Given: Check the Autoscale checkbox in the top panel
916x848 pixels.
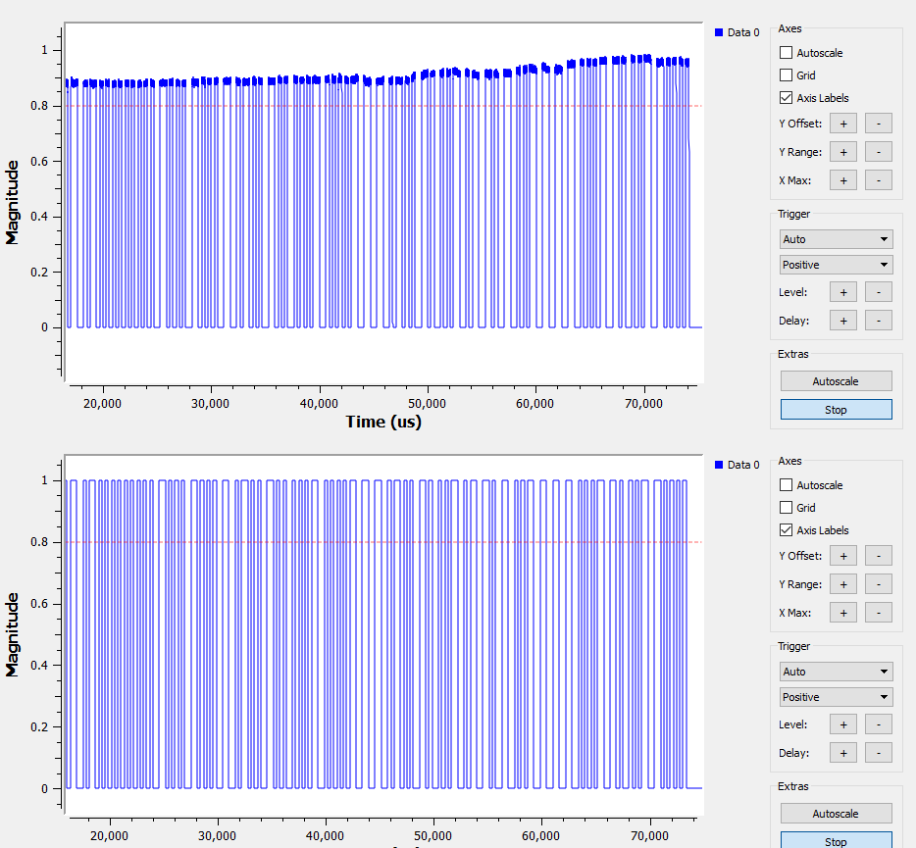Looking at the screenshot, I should [x=787, y=53].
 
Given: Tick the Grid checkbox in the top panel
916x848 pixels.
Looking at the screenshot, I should [x=787, y=75].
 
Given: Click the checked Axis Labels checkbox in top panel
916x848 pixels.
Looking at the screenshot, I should [x=787, y=98].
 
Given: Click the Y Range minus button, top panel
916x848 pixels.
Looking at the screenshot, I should [x=879, y=152].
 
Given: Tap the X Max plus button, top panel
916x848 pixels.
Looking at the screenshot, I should [x=842, y=180].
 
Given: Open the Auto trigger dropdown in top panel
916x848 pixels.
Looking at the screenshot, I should [x=836, y=239].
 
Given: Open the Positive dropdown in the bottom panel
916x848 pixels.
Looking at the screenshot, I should [x=836, y=697].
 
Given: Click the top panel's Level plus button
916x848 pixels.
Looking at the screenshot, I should [x=842, y=292].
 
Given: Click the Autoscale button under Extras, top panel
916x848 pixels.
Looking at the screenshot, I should [x=836, y=381].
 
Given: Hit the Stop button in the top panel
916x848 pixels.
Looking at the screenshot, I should [x=836, y=410].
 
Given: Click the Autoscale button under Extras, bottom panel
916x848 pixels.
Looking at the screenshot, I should [x=836, y=814].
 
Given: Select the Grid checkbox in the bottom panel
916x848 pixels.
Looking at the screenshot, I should [x=787, y=508].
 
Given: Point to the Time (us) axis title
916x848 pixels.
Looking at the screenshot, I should [x=383, y=422].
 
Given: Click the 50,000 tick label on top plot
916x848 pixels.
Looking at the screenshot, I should [x=427, y=403].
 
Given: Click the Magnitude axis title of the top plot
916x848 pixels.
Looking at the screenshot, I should [x=13, y=204].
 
